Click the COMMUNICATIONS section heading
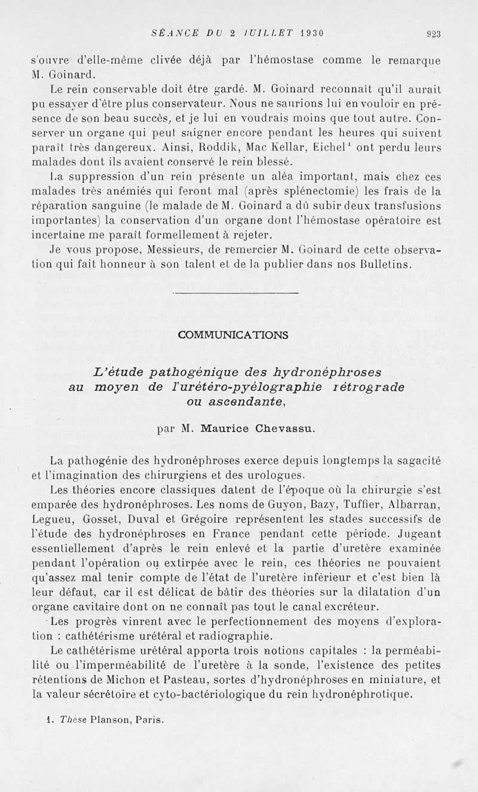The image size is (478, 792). tap(233, 335)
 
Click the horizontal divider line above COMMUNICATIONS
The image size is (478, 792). tap(235, 293)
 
